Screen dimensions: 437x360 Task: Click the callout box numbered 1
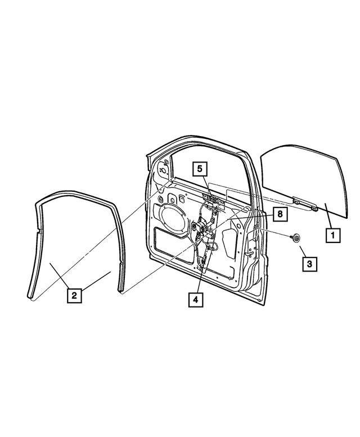click(x=332, y=235)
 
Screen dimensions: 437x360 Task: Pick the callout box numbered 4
click(x=195, y=299)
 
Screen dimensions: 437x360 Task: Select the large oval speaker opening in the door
click(x=175, y=218)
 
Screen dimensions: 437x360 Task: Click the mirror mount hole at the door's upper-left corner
click(x=164, y=169)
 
